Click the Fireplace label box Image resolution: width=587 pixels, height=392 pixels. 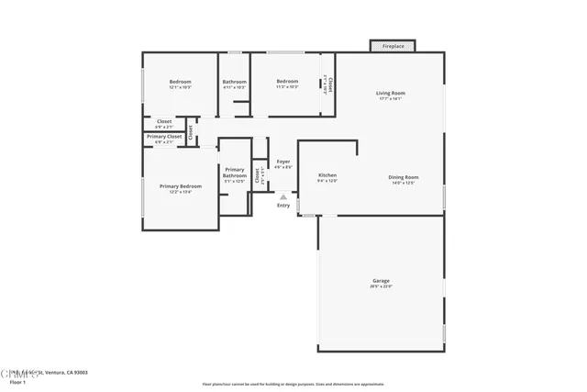pos(393,45)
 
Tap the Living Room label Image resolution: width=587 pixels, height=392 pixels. pos(391,93)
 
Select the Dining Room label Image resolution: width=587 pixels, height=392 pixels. pos(404,176)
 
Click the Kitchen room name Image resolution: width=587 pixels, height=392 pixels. pos(327,174)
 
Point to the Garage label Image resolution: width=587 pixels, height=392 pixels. pos(381,280)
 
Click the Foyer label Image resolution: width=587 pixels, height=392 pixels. pos(284,162)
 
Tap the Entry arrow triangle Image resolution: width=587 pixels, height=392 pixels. pos(283,196)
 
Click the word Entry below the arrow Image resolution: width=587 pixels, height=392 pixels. pos(283,205)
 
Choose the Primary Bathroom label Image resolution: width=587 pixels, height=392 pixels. pos(235,172)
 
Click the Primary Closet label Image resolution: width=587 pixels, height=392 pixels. pos(163,136)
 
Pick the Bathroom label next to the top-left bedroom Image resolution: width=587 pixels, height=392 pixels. pos(234,82)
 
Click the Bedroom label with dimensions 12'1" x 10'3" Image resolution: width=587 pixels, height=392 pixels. pos(180,82)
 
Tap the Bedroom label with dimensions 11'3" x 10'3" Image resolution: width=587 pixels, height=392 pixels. pos(288,82)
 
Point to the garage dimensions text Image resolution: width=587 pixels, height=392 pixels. pos(381,286)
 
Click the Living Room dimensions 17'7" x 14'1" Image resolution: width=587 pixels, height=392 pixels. pos(391,99)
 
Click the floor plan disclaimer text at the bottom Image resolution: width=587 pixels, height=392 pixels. pos(293,384)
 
